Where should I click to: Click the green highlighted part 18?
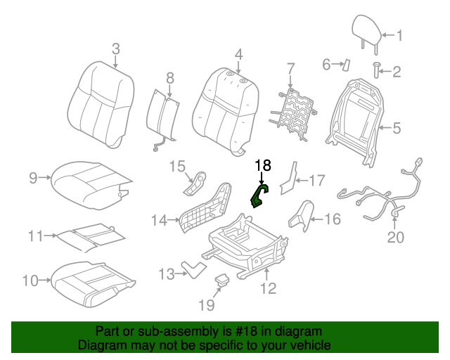259,198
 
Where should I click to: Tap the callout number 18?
262,166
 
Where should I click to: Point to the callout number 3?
116,49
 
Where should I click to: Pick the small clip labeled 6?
346,65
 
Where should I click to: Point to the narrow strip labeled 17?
288,180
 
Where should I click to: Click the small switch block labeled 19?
224,280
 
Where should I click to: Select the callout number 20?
396,237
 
